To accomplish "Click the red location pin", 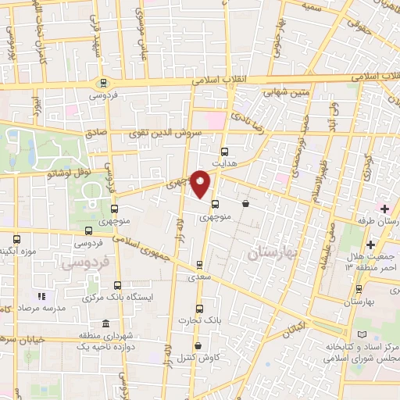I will click(x=201, y=184).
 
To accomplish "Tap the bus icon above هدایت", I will click(x=225, y=152).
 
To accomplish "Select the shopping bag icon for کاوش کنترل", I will click(x=198, y=346).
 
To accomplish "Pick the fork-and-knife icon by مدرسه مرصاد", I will click(x=42, y=297).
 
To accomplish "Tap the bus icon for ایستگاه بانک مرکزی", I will click(x=117, y=285).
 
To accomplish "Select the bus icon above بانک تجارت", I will click(x=199, y=309).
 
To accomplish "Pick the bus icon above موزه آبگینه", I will click(x=17, y=238).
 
